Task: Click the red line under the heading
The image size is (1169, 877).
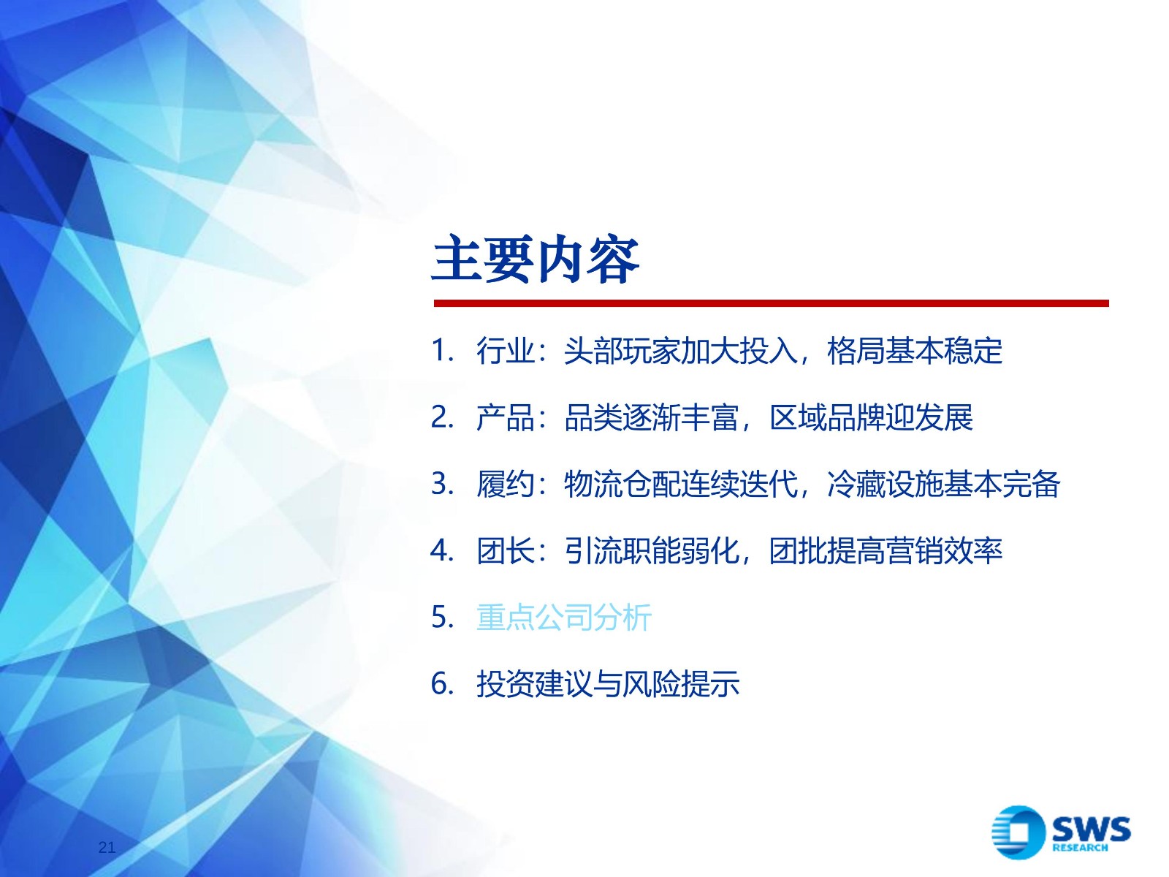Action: tap(771, 303)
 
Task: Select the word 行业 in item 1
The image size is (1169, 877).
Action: tap(506, 351)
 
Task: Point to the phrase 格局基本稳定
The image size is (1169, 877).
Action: tap(915, 351)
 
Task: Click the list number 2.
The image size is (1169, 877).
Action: tap(442, 417)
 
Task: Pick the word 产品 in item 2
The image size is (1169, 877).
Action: tap(506, 417)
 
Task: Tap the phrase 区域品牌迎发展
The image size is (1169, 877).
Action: tap(872, 417)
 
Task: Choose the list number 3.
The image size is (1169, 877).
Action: tap(442, 484)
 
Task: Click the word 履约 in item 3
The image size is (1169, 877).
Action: tap(506, 484)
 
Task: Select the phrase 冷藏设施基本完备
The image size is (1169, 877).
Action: tap(944, 484)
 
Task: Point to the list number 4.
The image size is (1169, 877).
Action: tap(442, 550)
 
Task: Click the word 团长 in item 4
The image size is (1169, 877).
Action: tap(506, 550)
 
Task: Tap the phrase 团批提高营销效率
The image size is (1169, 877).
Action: tap(886, 550)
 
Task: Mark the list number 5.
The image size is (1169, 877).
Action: tap(442, 617)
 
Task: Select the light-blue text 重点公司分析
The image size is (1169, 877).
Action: tap(564, 617)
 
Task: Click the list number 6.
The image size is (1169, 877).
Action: tap(442, 684)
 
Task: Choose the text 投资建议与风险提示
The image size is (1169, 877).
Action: tap(608, 684)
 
